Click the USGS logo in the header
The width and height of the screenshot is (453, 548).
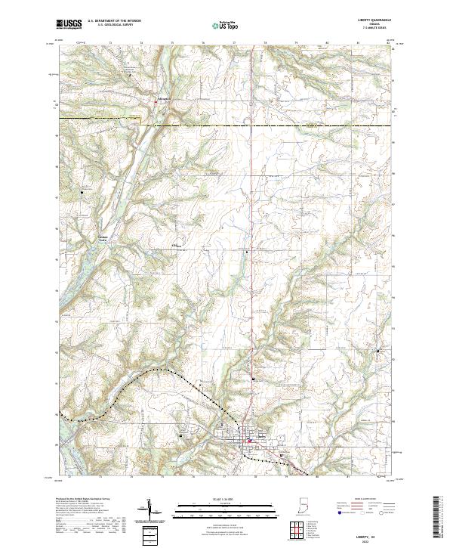[x=69, y=24]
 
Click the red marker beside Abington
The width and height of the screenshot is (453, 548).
[x=156, y=101]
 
